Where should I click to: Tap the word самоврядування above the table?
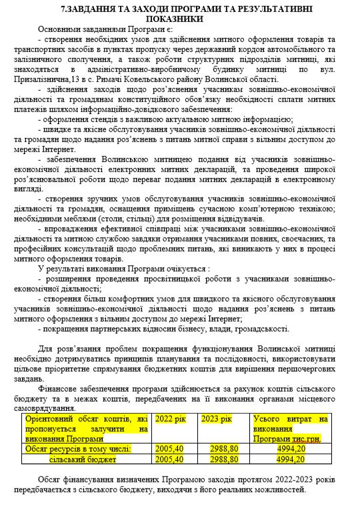[x=47, y=408]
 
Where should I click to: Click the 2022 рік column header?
[x=170, y=419]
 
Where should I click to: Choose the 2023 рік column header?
[x=215, y=419]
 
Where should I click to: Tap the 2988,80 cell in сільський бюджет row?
[x=220, y=459]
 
